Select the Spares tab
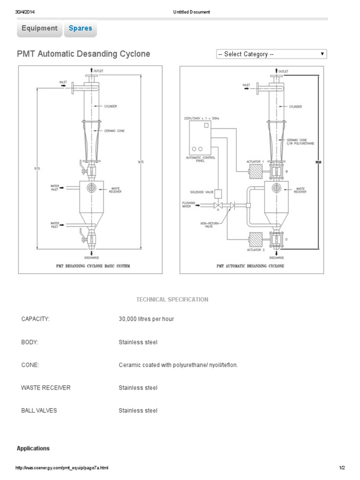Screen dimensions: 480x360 80,28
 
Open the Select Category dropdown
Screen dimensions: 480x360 271,54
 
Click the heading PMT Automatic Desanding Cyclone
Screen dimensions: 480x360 83,54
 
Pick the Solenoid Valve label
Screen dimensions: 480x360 201,192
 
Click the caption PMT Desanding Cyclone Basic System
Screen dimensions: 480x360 90,266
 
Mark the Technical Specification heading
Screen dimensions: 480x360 172,300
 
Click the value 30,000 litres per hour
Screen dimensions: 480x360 146,319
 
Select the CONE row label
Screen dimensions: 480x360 30,365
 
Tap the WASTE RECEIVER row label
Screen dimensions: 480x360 46,388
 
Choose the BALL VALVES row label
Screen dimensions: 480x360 39,411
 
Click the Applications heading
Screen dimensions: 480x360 33,449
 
